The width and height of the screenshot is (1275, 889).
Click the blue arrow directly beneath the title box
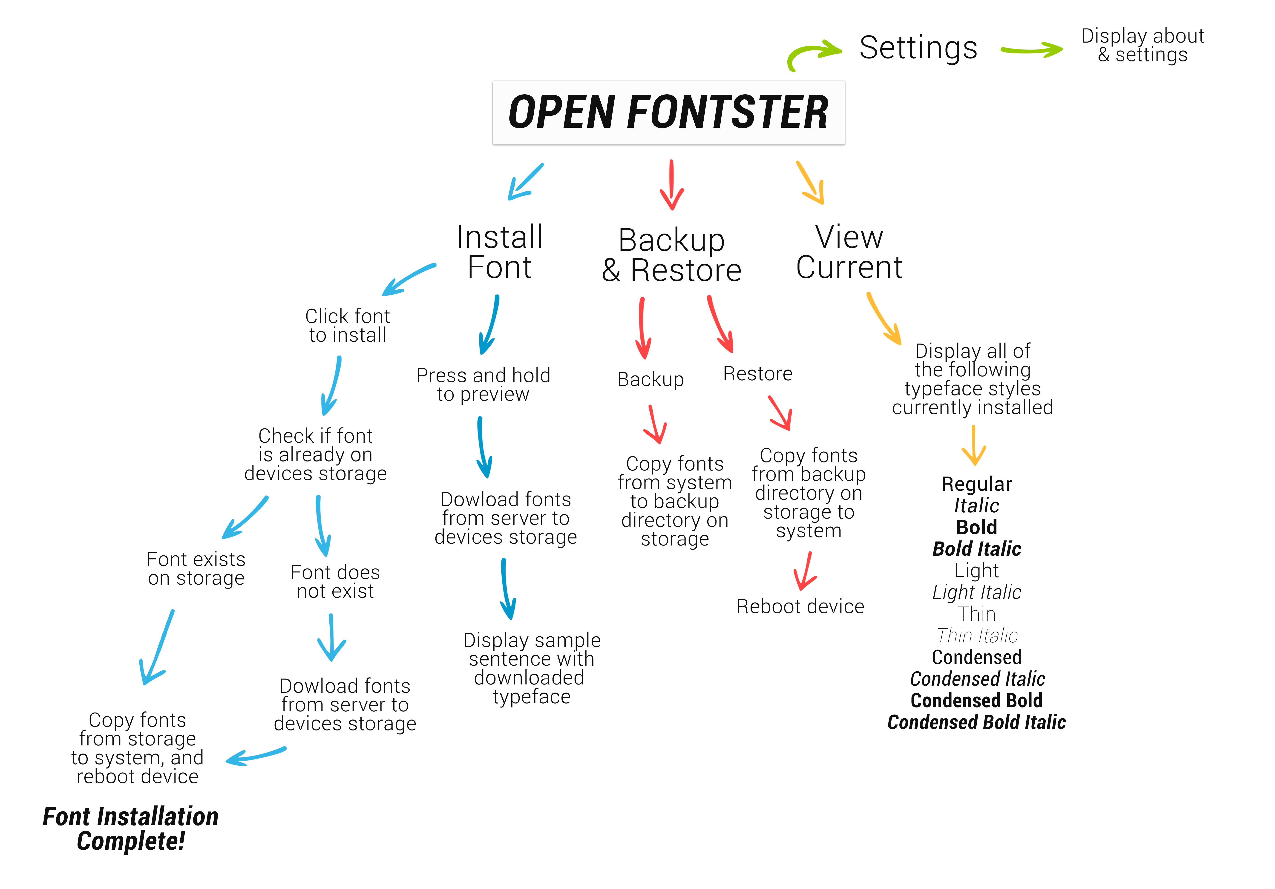point(526,182)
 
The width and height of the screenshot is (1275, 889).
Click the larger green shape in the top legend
point(813,55)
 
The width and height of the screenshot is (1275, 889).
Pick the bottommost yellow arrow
point(975,445)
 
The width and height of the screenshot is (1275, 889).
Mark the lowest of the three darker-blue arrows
point(507,590)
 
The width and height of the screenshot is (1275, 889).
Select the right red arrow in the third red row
point(781,413)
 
